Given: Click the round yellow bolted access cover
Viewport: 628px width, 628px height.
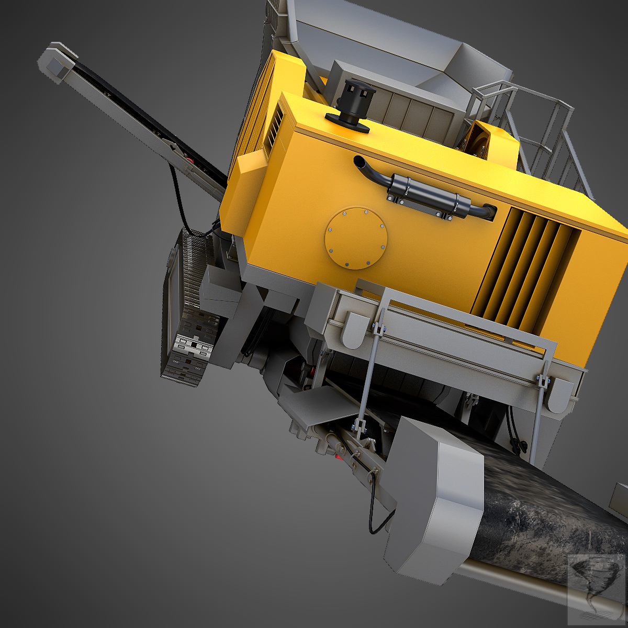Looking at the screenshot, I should click(x=355, y=238).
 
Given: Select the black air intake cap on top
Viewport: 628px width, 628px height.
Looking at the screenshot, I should click(x=350, y=99).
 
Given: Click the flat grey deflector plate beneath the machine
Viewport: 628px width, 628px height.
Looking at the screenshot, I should click(x=319, y=403).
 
